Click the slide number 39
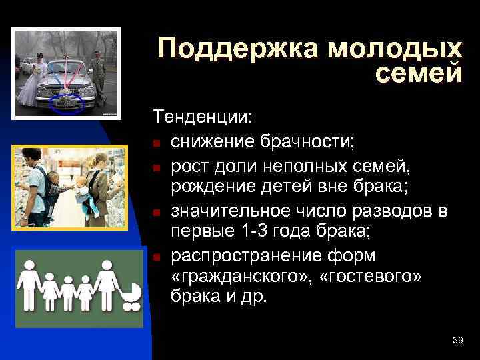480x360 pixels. click(457, 341)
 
